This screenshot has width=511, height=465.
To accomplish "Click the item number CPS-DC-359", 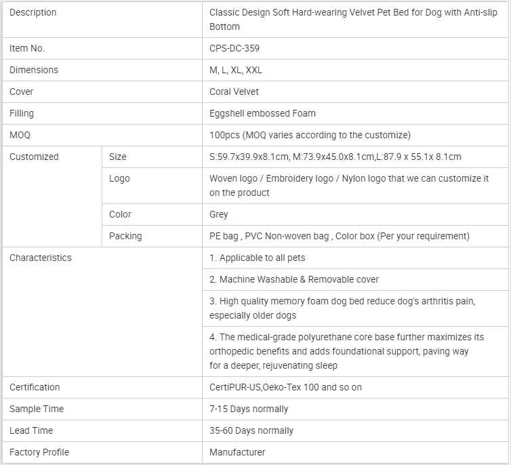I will (x=234, y=48).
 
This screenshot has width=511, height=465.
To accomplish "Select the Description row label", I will (x=33, y=12).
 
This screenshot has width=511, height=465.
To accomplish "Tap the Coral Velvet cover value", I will (x=234, y=92).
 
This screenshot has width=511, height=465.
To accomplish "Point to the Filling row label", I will (x=22, y=113).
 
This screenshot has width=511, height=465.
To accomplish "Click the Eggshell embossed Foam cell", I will (x=262, y=113).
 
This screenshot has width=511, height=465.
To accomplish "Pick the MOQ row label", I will (x=20, y=135).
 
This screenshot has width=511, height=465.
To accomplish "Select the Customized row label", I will (x=34, y=157).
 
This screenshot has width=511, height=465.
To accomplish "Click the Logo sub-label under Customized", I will (x=119, y=178).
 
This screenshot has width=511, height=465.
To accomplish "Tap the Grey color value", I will (x=219, y=214).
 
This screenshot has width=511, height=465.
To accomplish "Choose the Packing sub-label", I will (x=125, y=236).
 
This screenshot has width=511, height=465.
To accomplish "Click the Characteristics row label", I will (x=40, y=258).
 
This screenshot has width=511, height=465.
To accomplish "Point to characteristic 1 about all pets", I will (x=257, y=258).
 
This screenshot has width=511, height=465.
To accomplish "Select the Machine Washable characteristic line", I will (x=294, y=279).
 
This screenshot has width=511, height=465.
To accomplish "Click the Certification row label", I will (x=35, y=387).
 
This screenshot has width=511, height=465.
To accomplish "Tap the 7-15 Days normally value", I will (x=249, y=409).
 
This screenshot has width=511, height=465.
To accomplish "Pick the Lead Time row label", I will (x=31, y=430).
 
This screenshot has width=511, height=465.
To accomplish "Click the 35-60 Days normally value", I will (x=251, y=430).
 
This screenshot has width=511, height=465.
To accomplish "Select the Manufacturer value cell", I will (x=237, y=452).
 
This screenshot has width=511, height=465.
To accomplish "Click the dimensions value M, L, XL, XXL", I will (x=236, y=70).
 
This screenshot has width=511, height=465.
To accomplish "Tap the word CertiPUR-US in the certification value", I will (x=234, y=387).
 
